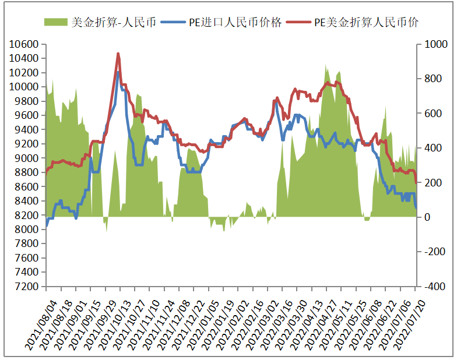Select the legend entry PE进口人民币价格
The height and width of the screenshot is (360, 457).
[235, 23]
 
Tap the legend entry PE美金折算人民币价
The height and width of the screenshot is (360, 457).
[366, 23]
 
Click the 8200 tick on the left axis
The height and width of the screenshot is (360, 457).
[27, 216]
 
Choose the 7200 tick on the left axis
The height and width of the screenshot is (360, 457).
[27, 287]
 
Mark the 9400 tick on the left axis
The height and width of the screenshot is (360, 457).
[27, 130]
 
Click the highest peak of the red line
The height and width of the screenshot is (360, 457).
[118, 54]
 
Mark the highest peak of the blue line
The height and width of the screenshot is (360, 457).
[118, 73]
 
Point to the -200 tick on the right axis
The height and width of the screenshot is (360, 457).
[432, 252]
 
